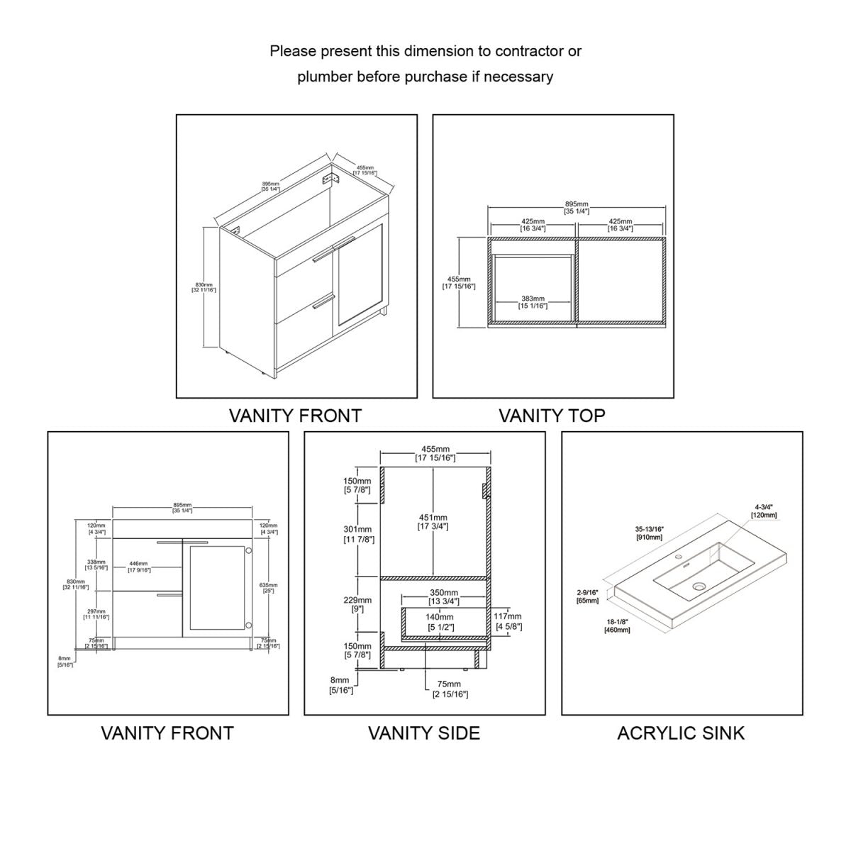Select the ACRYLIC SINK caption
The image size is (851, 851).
[x=681, y=733]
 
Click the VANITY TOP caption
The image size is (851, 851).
[x=552, y=416]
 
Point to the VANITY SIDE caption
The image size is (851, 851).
[x=423, y=733]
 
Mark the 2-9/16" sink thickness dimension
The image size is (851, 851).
[x=588, y=596]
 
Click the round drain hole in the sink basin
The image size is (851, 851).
[x=700, y=586]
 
